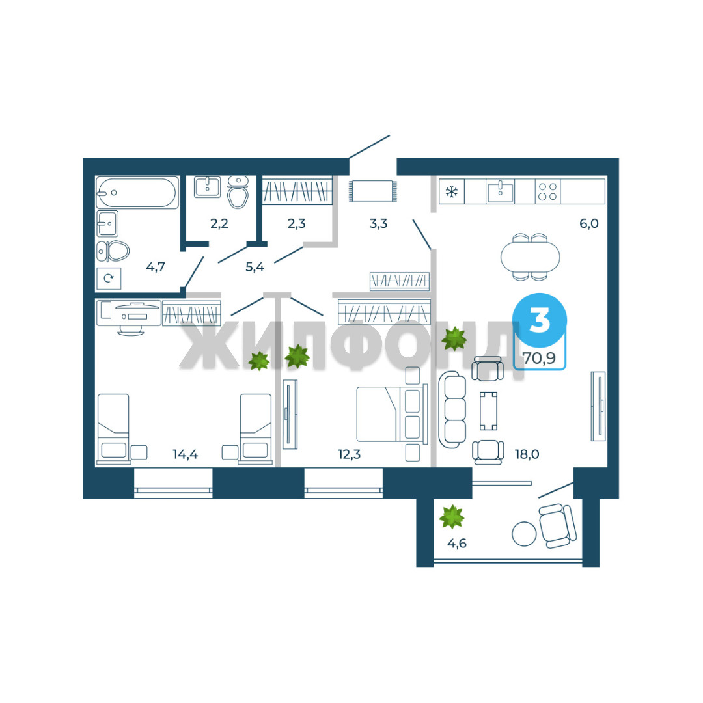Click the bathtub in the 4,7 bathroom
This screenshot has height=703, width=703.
(137, 193)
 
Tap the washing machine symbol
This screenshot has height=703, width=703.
(109, 279)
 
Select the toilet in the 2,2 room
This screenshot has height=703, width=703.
(238, 192)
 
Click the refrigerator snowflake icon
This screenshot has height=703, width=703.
(451, 192)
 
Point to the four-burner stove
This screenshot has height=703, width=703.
(547, 191)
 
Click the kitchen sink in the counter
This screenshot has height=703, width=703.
(500, 191)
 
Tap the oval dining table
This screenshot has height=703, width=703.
(531, 257)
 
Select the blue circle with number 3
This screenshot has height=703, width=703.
(540, 320)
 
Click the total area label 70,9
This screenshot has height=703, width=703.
(539, 358)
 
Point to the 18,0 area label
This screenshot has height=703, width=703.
(527, 454)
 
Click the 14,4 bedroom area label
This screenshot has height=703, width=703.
(185, 454)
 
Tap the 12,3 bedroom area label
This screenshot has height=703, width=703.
(349, 454)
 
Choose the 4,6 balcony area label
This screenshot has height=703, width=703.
(457, 544)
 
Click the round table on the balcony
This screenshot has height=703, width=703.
(524, 534)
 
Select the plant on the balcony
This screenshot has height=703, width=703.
(452, 517)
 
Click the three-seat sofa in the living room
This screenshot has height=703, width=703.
(452, 409)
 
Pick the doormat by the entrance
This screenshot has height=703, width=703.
(373, 191)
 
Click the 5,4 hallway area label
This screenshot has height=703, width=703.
(255, 268)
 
